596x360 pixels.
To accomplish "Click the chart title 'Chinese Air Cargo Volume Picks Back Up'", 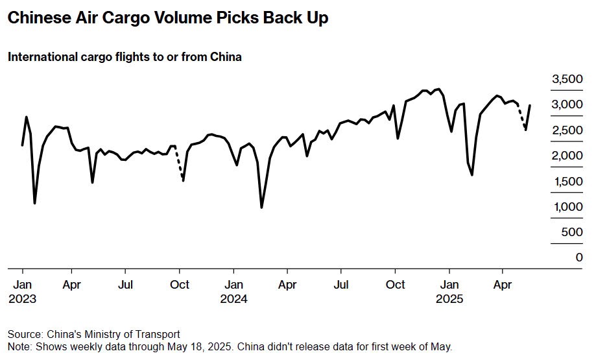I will (x=167, y=18).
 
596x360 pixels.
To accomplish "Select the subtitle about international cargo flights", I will (x=125, y=57).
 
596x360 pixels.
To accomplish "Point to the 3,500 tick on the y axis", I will (x=567, y=79).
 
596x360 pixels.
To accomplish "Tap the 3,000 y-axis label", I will (x=567, y=104).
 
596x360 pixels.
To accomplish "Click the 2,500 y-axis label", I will (x=567, y=130).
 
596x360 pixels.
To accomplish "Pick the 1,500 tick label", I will (x=567, y=182).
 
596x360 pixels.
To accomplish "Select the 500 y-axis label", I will (x=572, y=232).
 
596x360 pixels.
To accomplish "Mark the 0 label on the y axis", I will (x=579, y=258).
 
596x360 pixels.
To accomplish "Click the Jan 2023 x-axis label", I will (x=22, y=291).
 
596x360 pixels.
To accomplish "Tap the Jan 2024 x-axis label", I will (x=234, y=291).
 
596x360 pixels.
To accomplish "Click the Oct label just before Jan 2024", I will (x=180, y=284).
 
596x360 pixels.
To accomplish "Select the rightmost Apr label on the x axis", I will (x=501, y=284).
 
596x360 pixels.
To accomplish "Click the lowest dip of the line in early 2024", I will (x=261, y=208).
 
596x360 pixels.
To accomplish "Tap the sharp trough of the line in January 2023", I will (x=34, y=203).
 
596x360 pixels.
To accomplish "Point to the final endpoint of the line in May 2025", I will (x=530, y=105).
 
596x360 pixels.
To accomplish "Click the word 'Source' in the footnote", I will (x=25, y=334).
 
